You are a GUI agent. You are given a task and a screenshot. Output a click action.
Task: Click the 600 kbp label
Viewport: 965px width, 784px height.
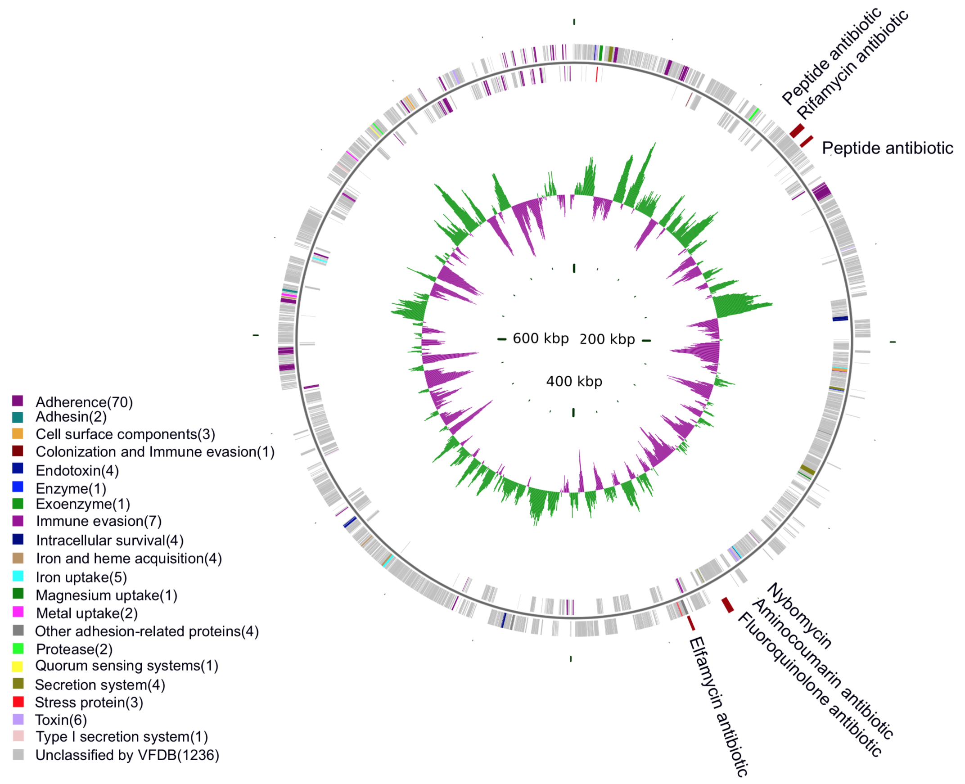[x=540, y=338]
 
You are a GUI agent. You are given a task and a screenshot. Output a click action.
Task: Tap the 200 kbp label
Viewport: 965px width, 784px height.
[x=607, y=339]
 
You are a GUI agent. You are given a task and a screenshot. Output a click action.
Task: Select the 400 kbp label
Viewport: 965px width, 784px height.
[x=574, y=382]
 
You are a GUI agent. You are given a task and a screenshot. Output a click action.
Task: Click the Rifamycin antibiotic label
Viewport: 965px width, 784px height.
[x=853, y=64]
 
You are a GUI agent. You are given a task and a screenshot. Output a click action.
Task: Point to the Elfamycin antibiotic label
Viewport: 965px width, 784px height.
[x=718, y=707]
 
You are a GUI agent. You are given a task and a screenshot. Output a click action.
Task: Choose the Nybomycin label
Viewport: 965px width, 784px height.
[x=800, y=616]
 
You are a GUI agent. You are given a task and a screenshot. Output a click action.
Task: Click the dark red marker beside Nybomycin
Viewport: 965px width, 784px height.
[x=727, y=605]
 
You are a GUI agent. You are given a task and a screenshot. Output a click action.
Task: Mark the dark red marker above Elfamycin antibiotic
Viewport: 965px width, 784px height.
[x=691, y=623]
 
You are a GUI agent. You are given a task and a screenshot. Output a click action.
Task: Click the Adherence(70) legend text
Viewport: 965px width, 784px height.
[x=84, y=402]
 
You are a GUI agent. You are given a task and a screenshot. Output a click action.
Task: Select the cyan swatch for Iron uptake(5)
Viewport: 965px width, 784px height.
[x=18, y=576]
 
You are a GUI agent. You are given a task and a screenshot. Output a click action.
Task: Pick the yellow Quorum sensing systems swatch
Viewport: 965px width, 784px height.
[x=18, y=666]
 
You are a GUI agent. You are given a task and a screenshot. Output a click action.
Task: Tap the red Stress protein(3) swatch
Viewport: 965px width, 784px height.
[x=18, y=702]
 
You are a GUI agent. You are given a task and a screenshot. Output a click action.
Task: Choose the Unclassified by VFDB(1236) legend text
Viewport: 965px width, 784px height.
[x=127, y=755]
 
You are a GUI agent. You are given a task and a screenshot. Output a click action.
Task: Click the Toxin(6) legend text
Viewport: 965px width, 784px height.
[x=61, y=720]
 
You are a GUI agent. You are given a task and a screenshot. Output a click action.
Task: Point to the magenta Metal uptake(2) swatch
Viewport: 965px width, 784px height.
[x=18, y=612]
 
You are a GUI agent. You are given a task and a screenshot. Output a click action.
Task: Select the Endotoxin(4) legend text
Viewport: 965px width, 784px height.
[x=77, y=471]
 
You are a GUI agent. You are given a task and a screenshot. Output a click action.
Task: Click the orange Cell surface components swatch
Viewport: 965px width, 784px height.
[x=18, y=433]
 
